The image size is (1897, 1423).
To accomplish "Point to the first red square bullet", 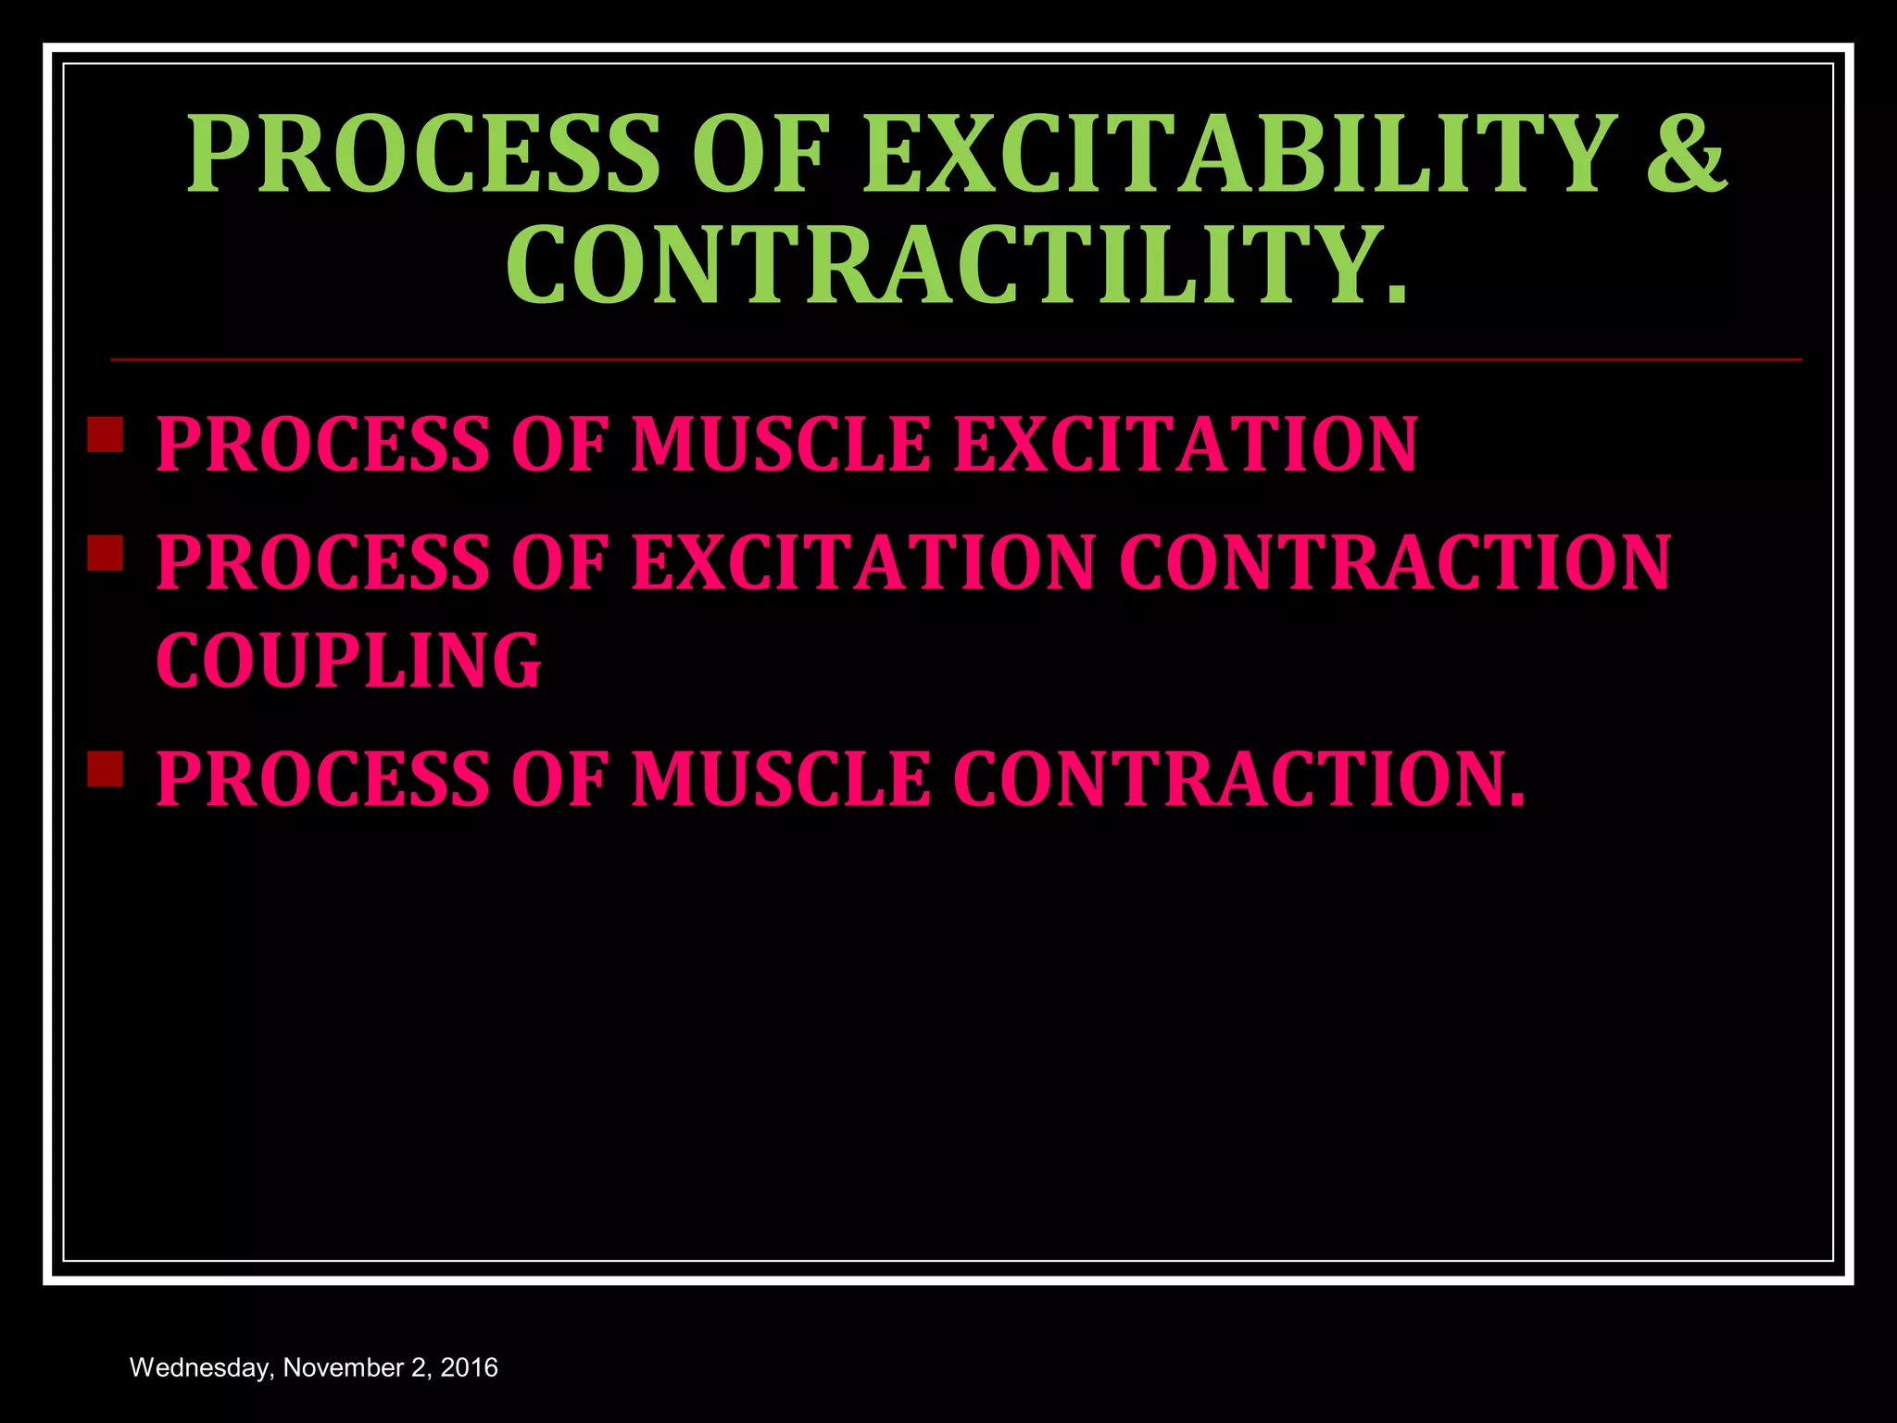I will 106,434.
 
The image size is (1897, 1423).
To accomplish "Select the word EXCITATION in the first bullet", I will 1185,445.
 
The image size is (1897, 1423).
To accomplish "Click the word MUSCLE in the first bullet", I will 780,445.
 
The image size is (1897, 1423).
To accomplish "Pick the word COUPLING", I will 348,661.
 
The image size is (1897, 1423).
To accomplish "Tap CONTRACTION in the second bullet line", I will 1395,562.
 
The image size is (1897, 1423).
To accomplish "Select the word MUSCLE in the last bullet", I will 780,779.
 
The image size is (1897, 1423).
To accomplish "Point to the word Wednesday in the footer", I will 201,1368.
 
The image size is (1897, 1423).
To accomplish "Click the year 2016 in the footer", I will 469,1368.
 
